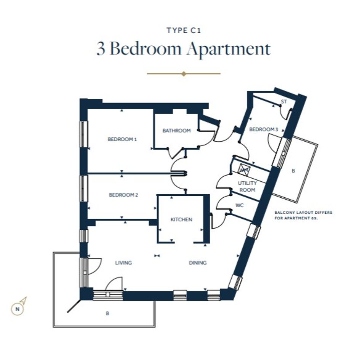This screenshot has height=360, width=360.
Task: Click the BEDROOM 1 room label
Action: [122, 139]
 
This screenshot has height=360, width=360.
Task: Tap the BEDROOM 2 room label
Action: [123, 195]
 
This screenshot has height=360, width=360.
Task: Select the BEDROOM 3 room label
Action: [264, 130]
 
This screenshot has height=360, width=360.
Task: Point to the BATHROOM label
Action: [176, 131]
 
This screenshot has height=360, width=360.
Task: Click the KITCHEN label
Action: [181, 220]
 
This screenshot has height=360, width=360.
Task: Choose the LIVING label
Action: [123, 262]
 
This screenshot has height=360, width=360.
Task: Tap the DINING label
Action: [198, 262]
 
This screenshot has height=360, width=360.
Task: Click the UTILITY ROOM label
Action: [247, 186]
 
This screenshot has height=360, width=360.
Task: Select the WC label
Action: [240, 205]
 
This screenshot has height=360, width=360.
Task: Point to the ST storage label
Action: [284, 101]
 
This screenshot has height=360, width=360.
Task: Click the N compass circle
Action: [18, 309]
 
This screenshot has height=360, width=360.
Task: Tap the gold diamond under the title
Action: [184, 74]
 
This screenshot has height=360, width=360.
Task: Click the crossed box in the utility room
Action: [244, 170]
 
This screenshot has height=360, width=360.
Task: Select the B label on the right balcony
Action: [293, 171]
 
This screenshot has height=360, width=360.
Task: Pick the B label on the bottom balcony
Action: [107, 314]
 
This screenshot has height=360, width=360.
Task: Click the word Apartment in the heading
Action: [229, 49]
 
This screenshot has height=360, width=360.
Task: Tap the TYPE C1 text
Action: [184, 30]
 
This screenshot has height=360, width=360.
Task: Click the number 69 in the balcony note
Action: [314, 218]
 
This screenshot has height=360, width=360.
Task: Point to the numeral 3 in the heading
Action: [101, 49]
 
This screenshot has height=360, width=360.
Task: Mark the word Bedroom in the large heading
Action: [146, 48]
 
